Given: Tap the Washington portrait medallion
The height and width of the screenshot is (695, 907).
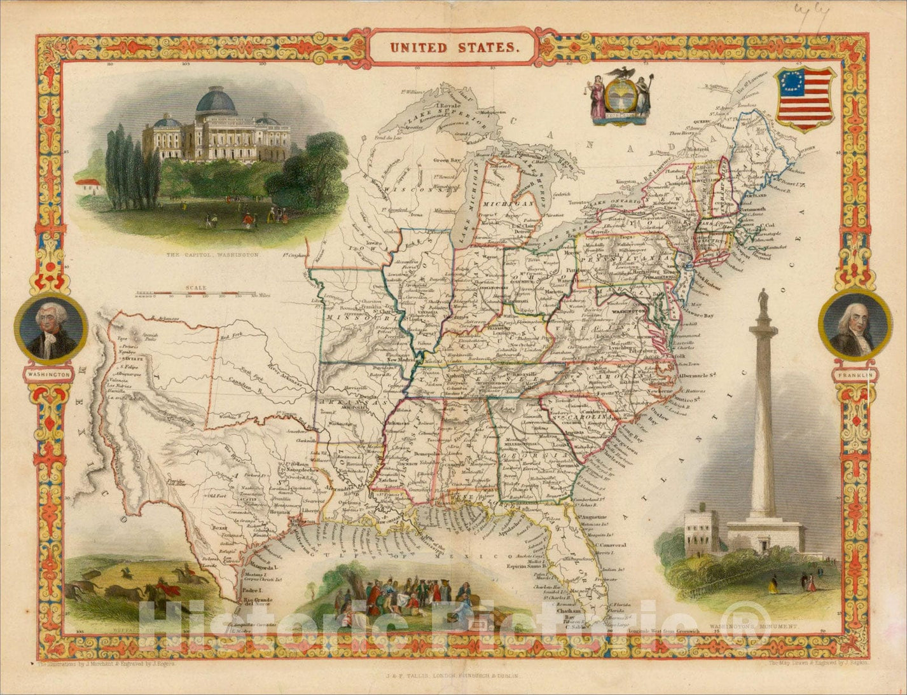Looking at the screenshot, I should pos(51,329).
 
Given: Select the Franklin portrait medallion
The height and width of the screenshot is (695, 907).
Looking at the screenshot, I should pos(854,324).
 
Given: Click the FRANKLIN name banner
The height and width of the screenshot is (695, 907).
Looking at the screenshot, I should pos(854,375).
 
